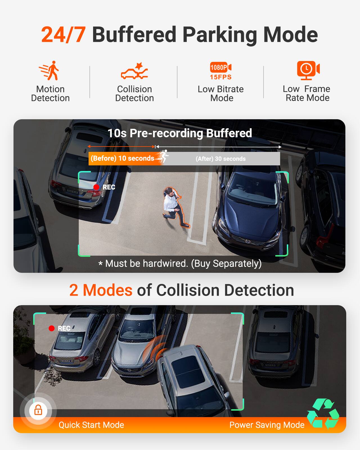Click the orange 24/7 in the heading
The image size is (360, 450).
coord(63,35)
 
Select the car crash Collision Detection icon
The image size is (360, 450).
coord(134,71)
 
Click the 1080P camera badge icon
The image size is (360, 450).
coord(220,67)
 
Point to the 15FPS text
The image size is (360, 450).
coord(221,77)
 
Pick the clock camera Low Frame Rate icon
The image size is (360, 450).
coord(308,70)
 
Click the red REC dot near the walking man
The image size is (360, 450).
coord(96,187)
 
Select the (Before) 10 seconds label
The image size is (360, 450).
coord(122,158)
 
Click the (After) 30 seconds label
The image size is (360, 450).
coord(220,159)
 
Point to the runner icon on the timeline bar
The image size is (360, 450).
coord(163,156)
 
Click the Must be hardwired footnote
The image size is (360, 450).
coord(180,264)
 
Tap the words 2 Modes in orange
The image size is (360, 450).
coord(101,290)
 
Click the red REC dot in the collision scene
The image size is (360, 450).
coord(51,328)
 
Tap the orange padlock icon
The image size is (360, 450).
coord(38,410)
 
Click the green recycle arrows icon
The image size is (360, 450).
coord(323,413)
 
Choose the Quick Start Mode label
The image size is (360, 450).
coord(91,425)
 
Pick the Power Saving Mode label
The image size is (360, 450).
coord(267,425)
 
